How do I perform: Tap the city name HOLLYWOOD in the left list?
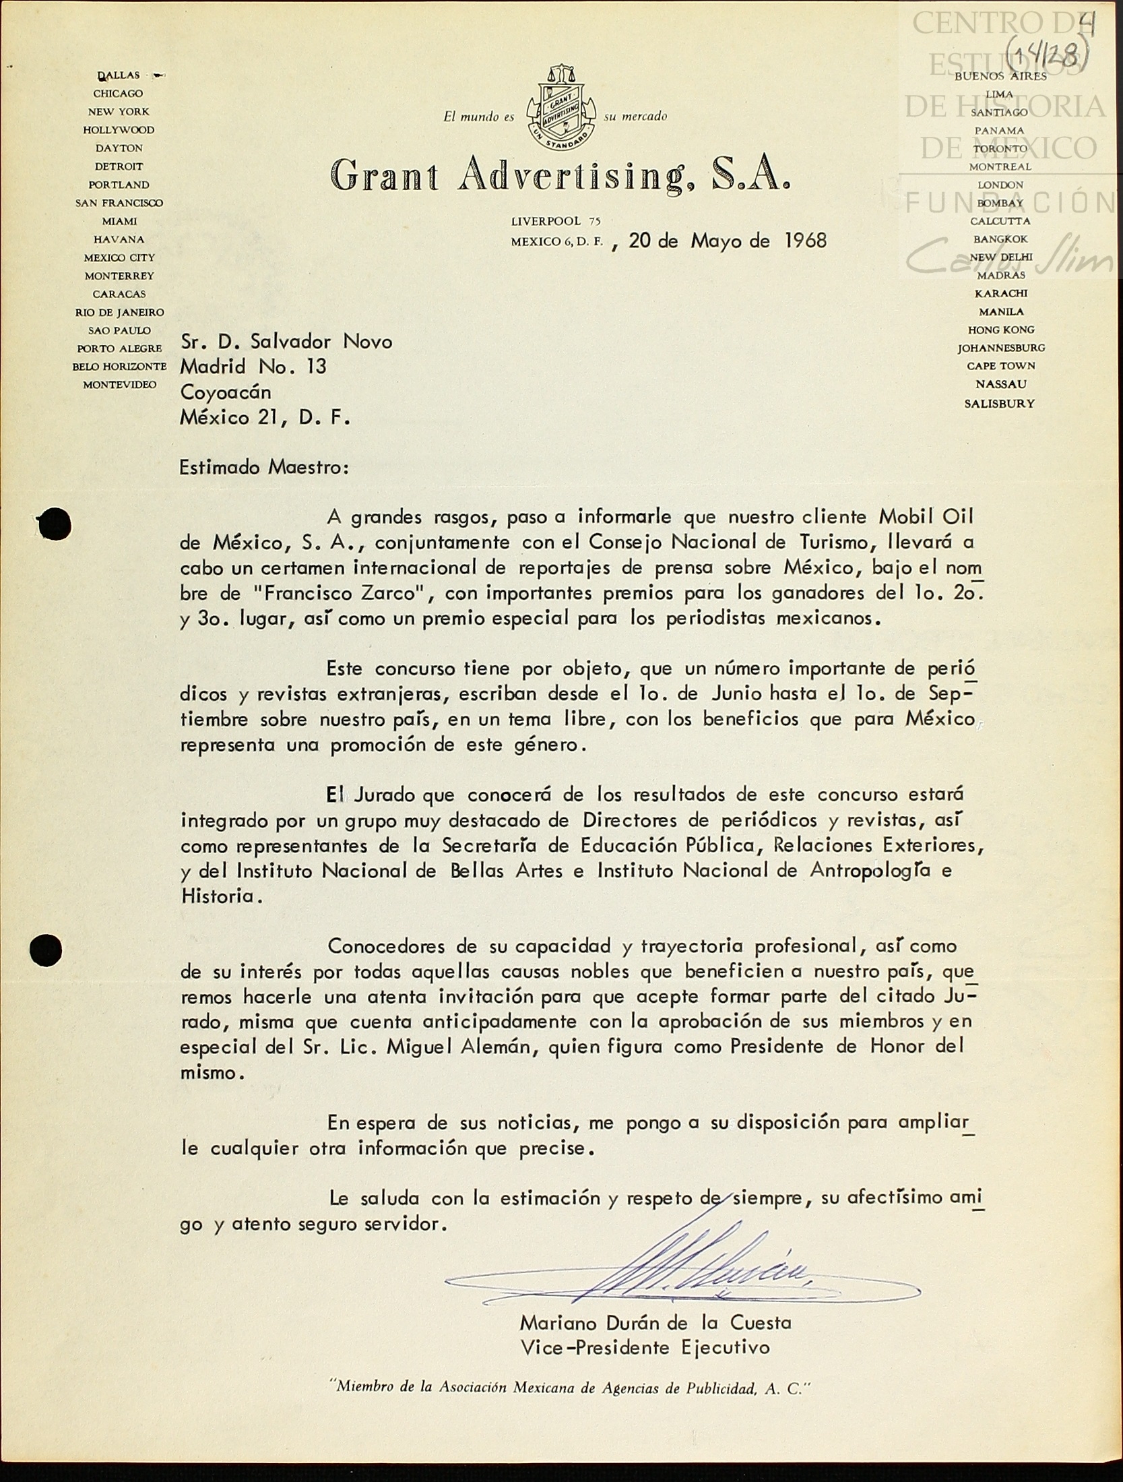pos(119,129)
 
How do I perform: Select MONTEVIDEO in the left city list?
pos(119,385)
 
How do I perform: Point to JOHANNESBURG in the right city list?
pos(1001,348)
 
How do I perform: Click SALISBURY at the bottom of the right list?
pos(999,404)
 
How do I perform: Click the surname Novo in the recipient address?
pos(367,342)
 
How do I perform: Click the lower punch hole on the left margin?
pos(46,950)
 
